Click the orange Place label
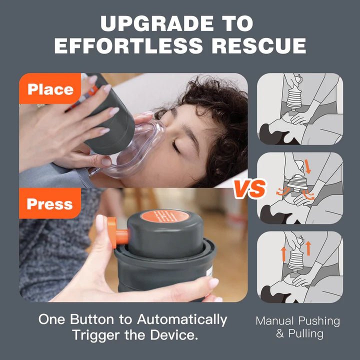coord(50,89)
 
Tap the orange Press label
coord(49,204)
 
